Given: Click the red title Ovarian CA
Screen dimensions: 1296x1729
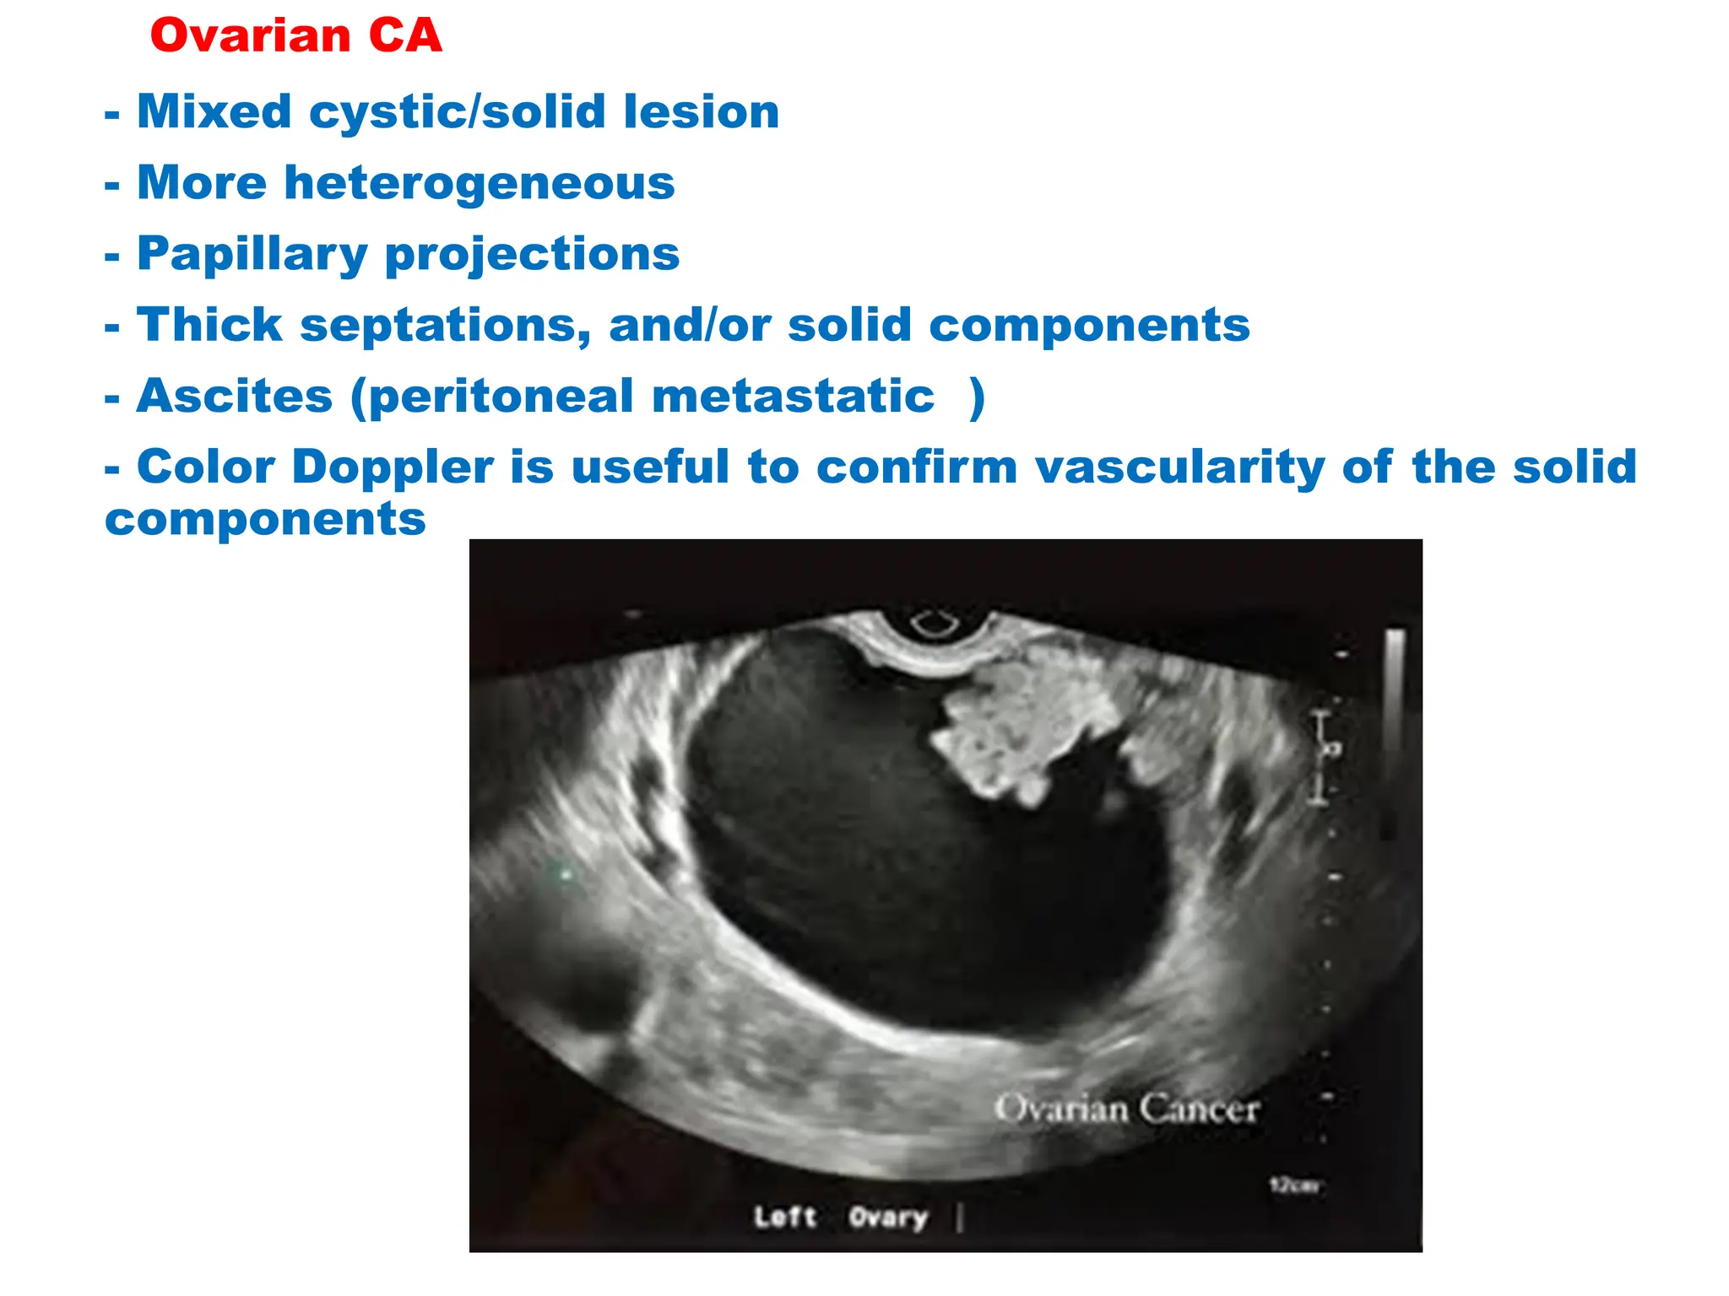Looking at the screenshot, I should point(295,36).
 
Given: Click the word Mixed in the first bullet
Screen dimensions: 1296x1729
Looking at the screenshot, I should point(214,111).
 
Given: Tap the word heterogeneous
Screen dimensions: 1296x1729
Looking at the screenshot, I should point(479,183).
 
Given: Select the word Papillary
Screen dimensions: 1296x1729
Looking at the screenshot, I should point(252,254).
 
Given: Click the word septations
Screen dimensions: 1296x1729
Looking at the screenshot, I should point(445,325).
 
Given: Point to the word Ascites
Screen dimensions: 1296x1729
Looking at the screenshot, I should point(235,396).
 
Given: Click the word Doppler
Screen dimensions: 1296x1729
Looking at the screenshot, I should point(393,467).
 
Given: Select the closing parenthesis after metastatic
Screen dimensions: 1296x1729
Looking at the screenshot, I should point(977,397).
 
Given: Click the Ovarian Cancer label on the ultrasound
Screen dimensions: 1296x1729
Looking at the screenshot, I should point(1126,1109).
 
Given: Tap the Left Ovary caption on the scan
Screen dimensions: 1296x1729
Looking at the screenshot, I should point(841,1217).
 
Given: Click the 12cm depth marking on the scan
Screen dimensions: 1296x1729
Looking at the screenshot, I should point(1294,1185).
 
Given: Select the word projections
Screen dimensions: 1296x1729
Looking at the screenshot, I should point(532,254).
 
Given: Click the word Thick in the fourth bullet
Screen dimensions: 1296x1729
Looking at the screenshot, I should point(209,325).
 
